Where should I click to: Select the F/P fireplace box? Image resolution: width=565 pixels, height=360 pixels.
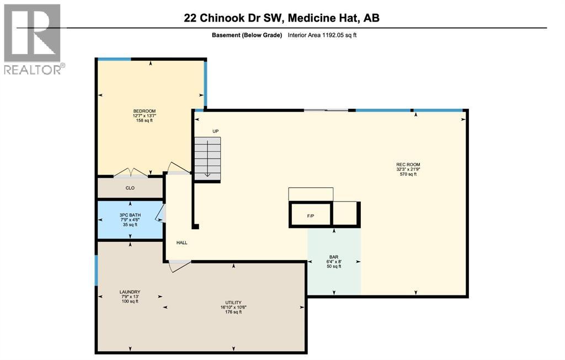point(310,215)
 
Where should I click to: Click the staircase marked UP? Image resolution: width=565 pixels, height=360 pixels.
point(207,157)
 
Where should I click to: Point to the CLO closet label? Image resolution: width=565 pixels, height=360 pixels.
point(130,188)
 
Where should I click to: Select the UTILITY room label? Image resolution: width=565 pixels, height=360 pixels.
point(233,303)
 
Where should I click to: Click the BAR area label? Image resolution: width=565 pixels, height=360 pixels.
point(333,257)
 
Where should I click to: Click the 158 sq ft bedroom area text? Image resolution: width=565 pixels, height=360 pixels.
point(144,120)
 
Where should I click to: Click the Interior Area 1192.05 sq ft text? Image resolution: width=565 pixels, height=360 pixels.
point(326,35)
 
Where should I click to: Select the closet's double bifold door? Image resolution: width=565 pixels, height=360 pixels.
point(130,173)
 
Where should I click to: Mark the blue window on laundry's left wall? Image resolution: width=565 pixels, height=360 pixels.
point(96,271)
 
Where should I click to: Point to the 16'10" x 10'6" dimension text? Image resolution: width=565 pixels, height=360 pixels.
point(233,308)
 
